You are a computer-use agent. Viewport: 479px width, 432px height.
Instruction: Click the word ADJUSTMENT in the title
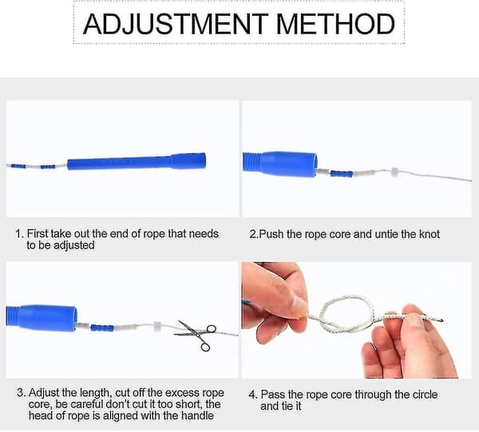(176, 24)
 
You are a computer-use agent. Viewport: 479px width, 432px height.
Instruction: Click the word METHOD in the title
(335, 24)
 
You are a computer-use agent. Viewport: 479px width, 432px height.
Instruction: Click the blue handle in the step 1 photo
(137, 161)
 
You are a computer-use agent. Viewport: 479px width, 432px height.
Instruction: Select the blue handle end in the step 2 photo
(280, 164)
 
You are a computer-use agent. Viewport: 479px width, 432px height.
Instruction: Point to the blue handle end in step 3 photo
(42, 318)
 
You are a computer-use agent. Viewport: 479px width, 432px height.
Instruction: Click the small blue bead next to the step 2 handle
(342, 174)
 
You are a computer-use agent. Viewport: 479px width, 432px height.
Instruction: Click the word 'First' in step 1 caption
(38, 234)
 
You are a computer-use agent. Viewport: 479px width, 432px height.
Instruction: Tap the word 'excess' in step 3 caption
(182, 393)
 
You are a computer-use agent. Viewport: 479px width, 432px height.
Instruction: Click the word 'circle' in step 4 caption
(425, 394)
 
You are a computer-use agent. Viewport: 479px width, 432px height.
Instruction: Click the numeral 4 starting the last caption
(252, 394)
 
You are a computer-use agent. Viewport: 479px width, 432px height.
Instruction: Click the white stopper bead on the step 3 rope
(157, 326)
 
